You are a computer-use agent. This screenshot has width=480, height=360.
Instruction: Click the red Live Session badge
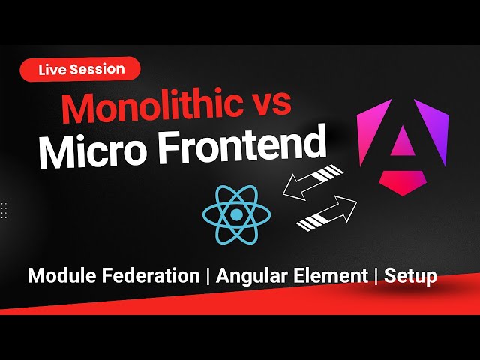pos(79,69)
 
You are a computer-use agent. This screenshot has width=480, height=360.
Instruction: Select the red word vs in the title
pos(268,106)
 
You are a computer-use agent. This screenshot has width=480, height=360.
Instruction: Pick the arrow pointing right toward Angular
pos(327,214)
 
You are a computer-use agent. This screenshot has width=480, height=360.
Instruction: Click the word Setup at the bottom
pos(410,276)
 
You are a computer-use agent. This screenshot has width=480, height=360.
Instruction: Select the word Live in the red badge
pos(54,69)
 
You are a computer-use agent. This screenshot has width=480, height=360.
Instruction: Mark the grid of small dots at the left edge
pos(4,210)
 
